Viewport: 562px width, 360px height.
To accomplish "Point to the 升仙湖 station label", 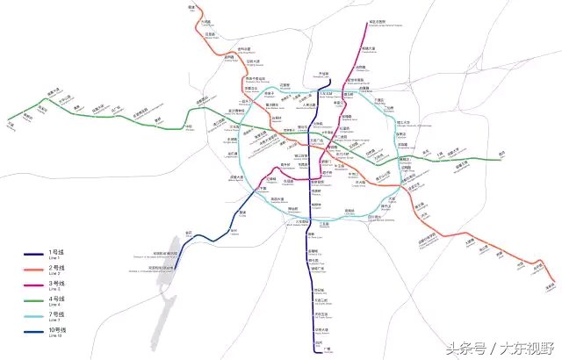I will tap(322, 73).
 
